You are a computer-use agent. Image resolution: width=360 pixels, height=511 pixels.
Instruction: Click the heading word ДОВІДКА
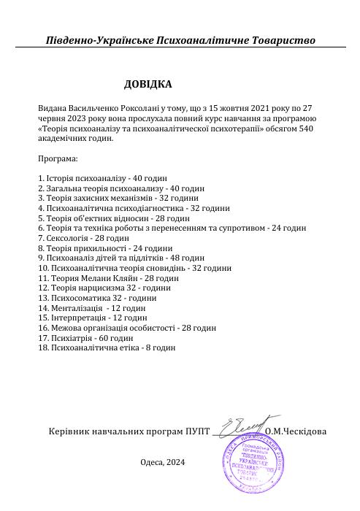tap(148, 84)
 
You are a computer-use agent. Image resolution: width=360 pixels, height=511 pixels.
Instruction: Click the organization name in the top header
tap(180, 40)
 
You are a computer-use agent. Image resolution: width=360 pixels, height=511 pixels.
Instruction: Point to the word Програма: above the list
tap(57, 158)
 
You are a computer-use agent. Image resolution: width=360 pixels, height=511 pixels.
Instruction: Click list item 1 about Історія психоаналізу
tap(102, 177)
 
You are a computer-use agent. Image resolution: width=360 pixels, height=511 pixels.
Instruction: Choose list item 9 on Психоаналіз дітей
tap(120, 258)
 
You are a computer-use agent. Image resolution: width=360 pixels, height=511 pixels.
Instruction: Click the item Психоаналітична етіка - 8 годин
tap(107, 348)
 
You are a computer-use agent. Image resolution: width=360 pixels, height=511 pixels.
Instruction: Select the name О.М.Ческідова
tap(296, 431)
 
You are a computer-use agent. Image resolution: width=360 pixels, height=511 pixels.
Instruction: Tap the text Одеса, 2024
tap(162, 462)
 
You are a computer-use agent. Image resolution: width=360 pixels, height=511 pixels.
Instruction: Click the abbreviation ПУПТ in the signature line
tap(197, 431)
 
